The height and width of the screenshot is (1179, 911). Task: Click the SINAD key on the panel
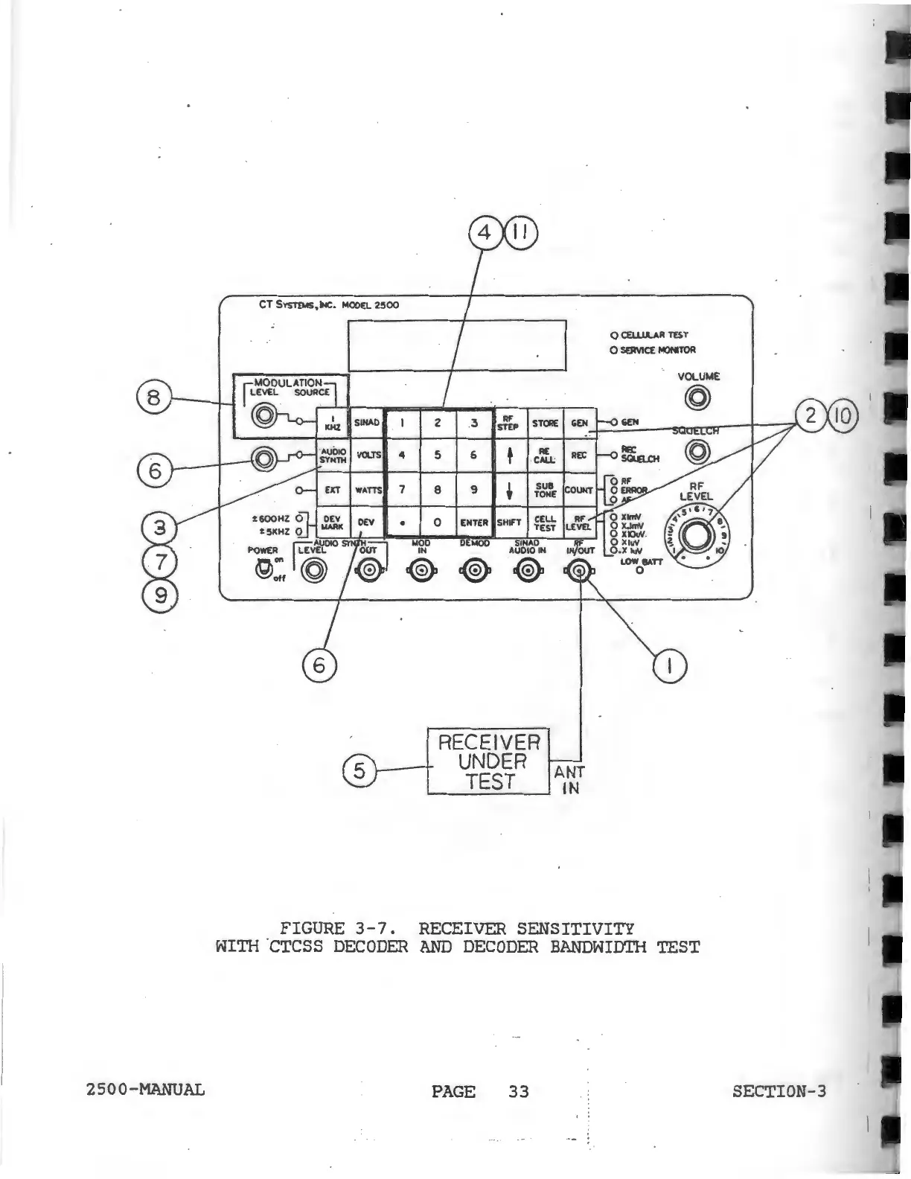click(367, 423)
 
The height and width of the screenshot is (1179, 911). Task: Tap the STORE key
click(545, 423)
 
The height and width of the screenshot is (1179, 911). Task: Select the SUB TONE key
click(545, 489)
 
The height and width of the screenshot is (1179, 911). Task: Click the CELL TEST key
click(545, 523)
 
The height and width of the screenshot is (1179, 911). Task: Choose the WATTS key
click(367, 490)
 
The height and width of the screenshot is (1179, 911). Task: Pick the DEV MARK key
click(333, 523)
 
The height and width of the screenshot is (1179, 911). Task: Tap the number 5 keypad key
click(438, 455)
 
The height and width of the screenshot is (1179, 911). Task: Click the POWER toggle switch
click(262, 570)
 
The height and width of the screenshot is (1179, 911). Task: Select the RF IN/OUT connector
click(579, 572)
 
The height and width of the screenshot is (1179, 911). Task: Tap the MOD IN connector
click(421, 572)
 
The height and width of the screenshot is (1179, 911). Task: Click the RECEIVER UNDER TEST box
click(488, 761)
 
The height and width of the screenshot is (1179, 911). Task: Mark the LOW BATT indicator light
click(639, 572)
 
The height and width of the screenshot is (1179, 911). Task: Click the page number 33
click(518, 1091)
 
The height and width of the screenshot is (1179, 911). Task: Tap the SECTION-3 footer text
click(779, 1091)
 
